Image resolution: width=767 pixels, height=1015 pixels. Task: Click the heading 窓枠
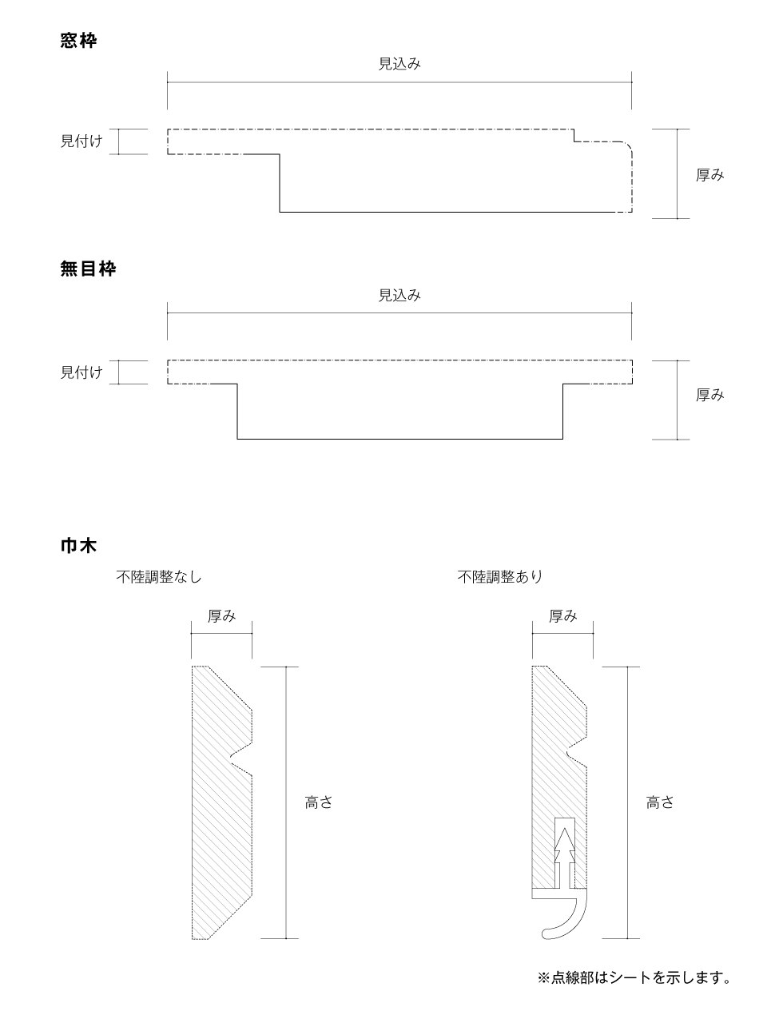(x=78, y=41)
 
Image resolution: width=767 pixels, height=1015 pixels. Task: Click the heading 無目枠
(x=88, y=269)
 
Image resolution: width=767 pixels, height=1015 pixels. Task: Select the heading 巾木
(x=78, y=546)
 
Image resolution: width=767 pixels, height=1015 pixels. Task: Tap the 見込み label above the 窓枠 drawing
(x=399, y=63)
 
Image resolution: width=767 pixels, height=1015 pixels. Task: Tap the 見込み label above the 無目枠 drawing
(x=399, y=295)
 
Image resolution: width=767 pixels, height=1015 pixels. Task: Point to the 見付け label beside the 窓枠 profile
(x=81, y=141)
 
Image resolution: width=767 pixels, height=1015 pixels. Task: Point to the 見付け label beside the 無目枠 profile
(x=81, y=372)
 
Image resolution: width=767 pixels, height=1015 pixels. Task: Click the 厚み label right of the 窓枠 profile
(x=709, y=175)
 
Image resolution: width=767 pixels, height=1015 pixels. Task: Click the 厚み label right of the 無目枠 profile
(x=709, y=395)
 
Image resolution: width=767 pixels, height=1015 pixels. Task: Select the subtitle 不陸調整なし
(x=159, y=577)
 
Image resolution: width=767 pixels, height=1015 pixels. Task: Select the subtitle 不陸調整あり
(x=500, y=577)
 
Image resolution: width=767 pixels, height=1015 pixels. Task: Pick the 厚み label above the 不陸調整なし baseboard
(x=222, y=616)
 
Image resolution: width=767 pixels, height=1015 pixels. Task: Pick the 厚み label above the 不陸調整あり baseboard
(x=562, y=616)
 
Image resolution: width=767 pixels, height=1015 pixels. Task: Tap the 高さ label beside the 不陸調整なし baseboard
(x=319, y=802)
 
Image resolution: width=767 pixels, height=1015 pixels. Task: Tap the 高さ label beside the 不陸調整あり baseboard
(x=660, y=802)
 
